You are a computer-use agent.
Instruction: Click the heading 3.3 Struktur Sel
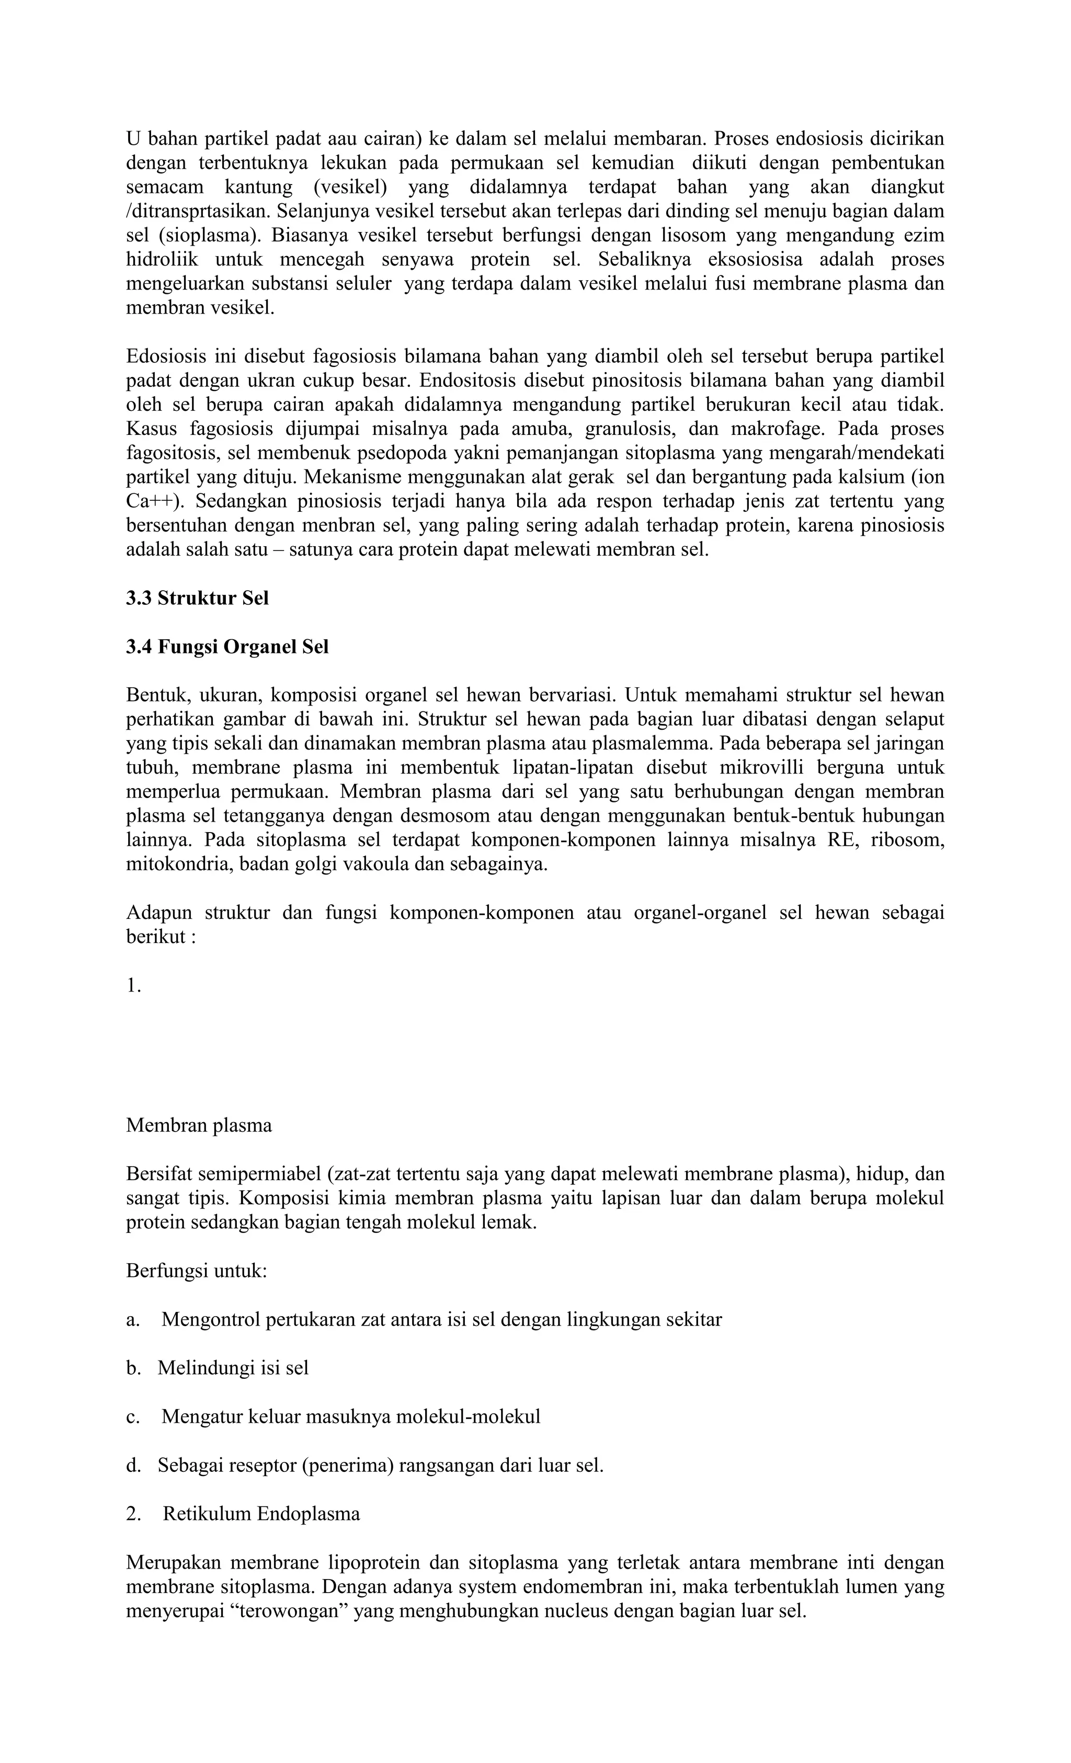(197, 597)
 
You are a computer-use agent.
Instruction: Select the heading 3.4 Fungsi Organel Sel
(227, 646)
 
